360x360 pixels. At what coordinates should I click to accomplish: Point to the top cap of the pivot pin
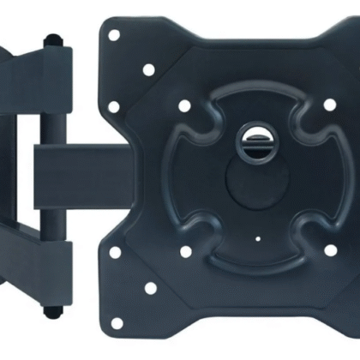(x=54, y=39)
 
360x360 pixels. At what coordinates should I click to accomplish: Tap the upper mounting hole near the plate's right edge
(x=330, y=105)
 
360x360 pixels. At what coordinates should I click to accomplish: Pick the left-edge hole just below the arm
(x=114, y=252)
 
